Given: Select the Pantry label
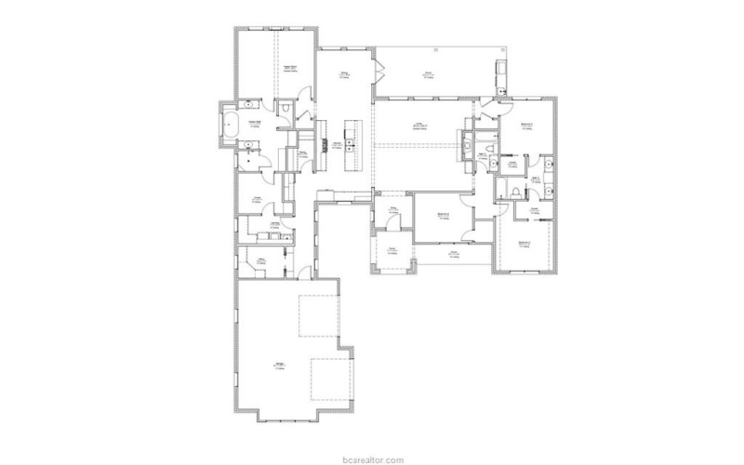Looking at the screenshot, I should click(x=303, y=153).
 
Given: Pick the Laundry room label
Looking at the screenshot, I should click(x=277, y=225).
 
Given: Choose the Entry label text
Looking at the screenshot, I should click(x=392, y=211).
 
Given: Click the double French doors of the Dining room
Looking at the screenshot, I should click(x=380, y=68).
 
